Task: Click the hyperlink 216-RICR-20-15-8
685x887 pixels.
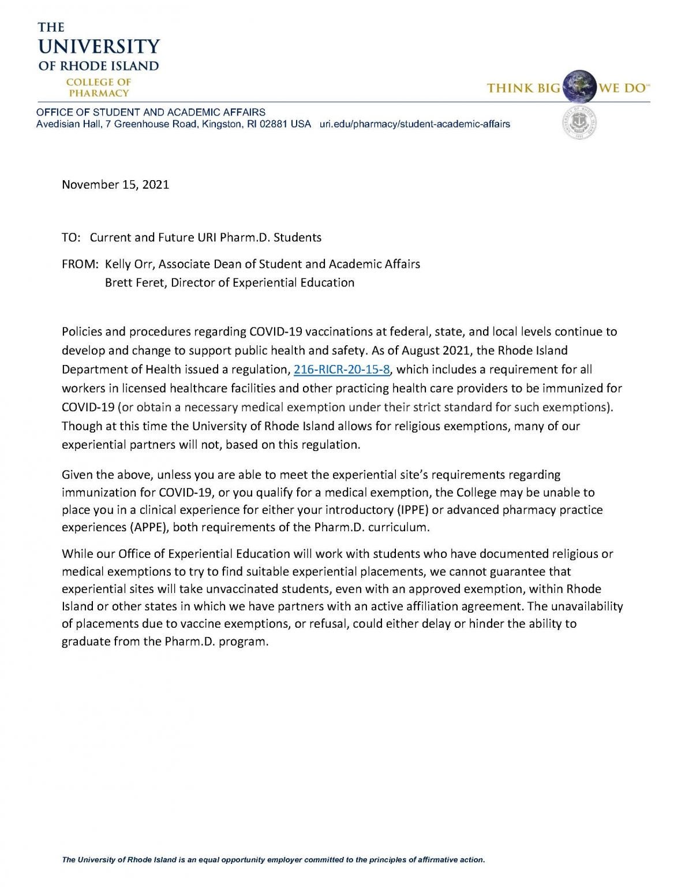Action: pos(342,370)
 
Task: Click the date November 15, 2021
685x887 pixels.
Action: pos(115,185)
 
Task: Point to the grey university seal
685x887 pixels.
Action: pos(579,122)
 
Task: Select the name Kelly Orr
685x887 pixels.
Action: pos(129,264)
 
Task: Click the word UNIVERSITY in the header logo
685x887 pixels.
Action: pos(99,47)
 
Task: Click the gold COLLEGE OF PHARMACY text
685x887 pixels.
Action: pos(99,87)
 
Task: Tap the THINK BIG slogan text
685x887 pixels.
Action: pos(523,88)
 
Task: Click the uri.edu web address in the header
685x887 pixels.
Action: pos(414,124)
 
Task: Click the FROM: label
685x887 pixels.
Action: pos(80,264)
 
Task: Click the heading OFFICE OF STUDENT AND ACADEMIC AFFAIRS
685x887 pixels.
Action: pos(151,112)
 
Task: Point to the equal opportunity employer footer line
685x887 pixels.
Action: pos(274,860)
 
